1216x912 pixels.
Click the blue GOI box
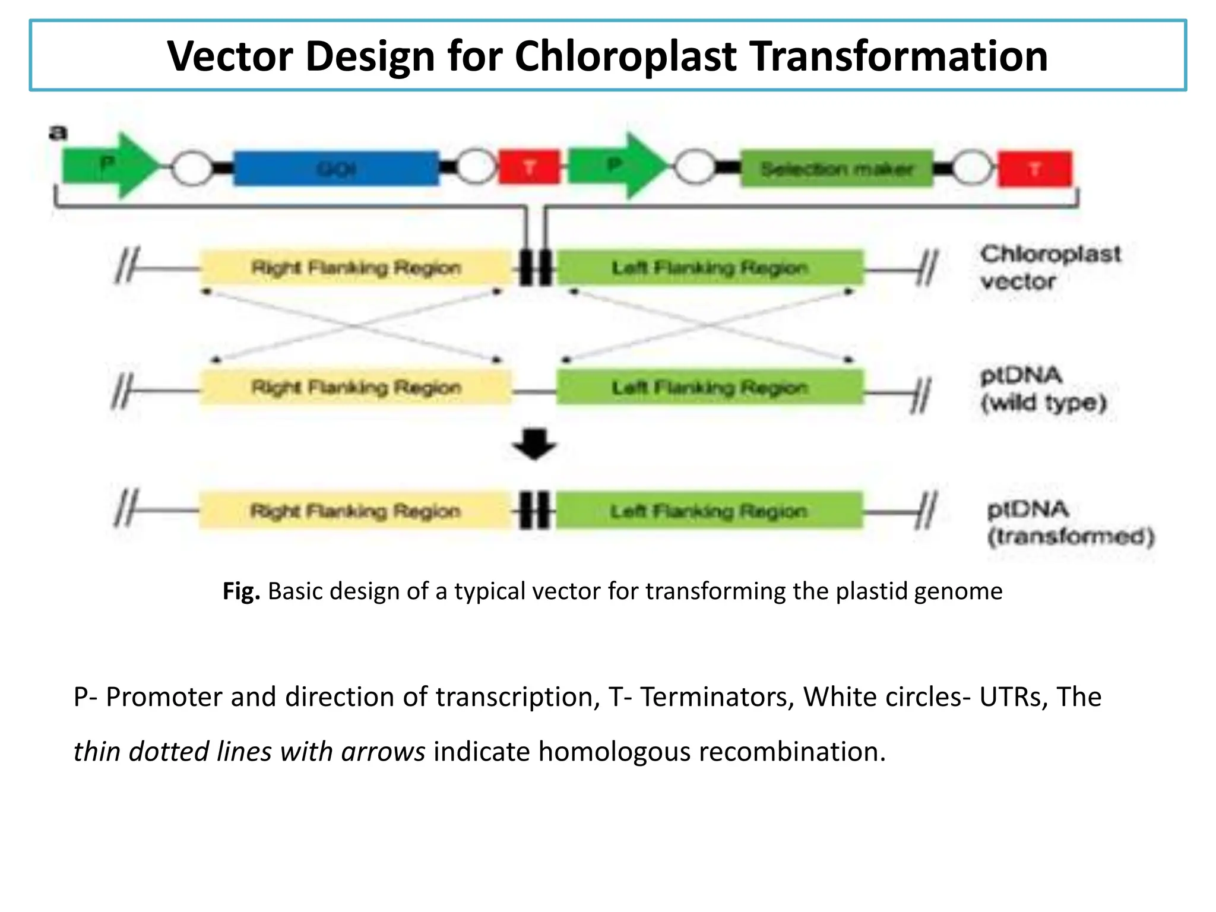pos(336,169)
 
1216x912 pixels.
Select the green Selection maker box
pos(837,169)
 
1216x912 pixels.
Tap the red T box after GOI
pos(528,168)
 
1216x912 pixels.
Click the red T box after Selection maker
pos(1035,169)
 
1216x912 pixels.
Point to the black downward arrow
pos(534,444)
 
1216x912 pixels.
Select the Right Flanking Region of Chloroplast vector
pos(355,268)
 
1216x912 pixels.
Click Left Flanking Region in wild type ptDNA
pos(710,388)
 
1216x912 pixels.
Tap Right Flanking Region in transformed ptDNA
pos(354,511)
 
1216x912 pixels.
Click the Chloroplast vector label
pos(1050,267)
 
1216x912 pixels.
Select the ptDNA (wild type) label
pos(1043,389)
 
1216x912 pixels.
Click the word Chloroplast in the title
pos(625,56)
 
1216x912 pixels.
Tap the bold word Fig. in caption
pos(241,591)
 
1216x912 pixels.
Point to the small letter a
pos(58,132)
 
